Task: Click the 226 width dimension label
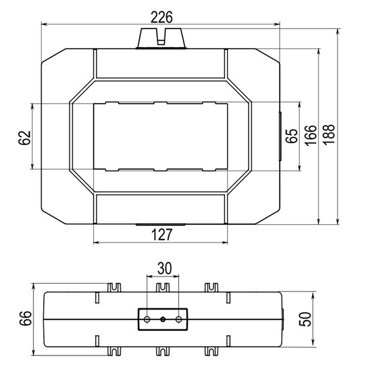coord(161,18)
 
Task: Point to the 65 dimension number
coord(291,136)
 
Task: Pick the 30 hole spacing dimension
coord(164,268)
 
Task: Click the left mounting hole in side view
coord(147,319)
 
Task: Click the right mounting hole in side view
coord(179,319)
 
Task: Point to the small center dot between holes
coord(163,319)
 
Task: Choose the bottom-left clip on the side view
coord(114,351)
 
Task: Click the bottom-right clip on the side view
coord(211,351)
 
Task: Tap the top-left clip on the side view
coord(114,288)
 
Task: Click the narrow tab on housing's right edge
coord(280,136)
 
